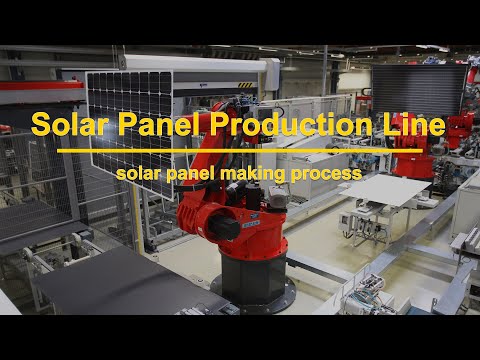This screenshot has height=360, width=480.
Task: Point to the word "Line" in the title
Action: pyautogui.click(x=410, y=126)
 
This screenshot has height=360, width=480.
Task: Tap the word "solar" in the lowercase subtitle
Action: pyautogui.click(x=137, y=173)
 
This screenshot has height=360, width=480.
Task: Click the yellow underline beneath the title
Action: pyautogui.click(x=240, y=151)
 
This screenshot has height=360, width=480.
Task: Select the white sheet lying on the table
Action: pyautogui.click(x=385, y=189)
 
